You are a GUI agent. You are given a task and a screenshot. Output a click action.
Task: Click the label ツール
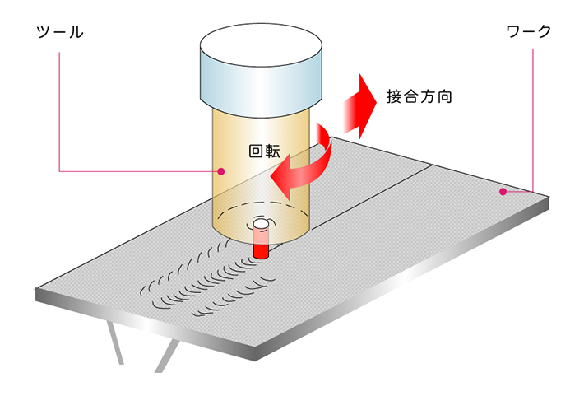[x=61, y=34]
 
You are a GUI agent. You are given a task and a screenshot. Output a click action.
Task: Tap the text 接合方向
[x=419, y=97]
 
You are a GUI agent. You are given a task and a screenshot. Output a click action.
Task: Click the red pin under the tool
[x=261, y=245]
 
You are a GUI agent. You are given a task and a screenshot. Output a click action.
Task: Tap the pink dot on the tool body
[x=220, y=171]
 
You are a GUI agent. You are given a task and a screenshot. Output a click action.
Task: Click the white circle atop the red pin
[x=261, y=224]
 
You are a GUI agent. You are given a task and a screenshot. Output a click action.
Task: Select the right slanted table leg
[x=165, y=356]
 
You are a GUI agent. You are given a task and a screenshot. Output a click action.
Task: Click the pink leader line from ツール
[x=59, y=107]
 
